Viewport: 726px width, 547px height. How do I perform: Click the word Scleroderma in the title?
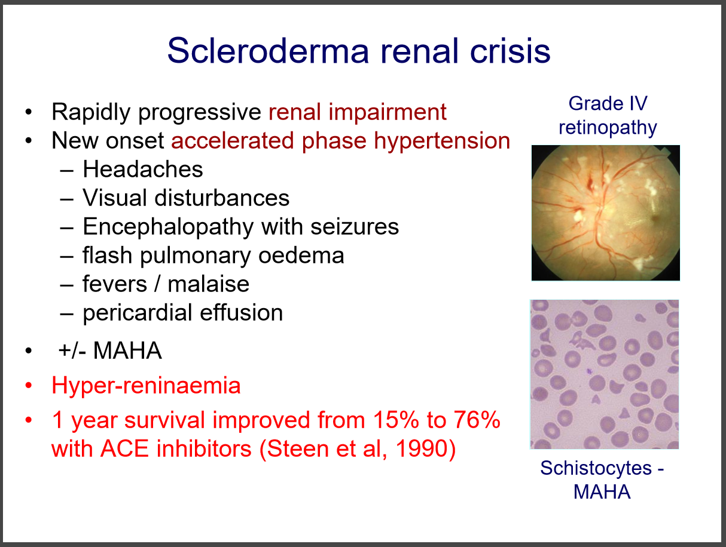click(x=268, y=51)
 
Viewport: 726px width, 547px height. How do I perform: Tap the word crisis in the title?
click(x=510, y=51)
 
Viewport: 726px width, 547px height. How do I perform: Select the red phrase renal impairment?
click(x=358, y=112)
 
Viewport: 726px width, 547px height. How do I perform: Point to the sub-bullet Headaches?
click(x=142, y=170)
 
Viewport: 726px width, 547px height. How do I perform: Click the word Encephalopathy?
click(x=168, y=228)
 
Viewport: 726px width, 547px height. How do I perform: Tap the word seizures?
click(x=355, y=227)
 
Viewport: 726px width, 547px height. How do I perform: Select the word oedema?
click(x=301, y=256)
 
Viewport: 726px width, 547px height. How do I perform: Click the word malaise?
click(x=208, y=284)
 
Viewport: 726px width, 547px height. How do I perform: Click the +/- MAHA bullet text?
click(x=110, y=351)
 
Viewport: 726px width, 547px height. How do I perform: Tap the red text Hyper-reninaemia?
click(x=146, y=386)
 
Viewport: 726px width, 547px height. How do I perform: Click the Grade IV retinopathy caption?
click(x=608, y=116)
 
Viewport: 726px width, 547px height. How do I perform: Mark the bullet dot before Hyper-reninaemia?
click(x=29, y=385)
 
